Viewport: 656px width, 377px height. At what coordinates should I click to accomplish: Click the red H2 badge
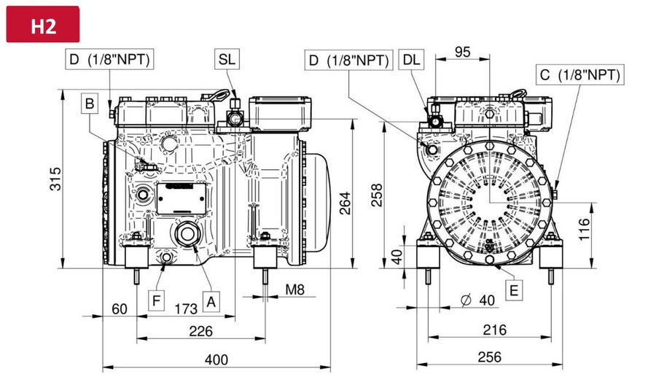point(43,24)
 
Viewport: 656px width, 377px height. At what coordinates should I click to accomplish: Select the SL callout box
point(227,59)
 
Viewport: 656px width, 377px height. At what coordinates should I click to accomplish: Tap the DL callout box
point(411,60)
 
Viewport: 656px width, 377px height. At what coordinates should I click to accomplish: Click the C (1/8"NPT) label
point(580,75)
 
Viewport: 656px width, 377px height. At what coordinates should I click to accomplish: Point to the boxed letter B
point(90,104)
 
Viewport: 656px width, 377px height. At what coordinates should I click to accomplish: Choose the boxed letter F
point(157,300)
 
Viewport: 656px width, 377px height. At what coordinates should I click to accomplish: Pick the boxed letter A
point(211,301)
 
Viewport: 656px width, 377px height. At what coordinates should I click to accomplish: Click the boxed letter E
point(514,289)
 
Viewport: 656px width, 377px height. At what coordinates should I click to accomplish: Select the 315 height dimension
point(55,179)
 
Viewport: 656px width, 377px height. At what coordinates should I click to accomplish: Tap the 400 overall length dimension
point(216,359)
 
